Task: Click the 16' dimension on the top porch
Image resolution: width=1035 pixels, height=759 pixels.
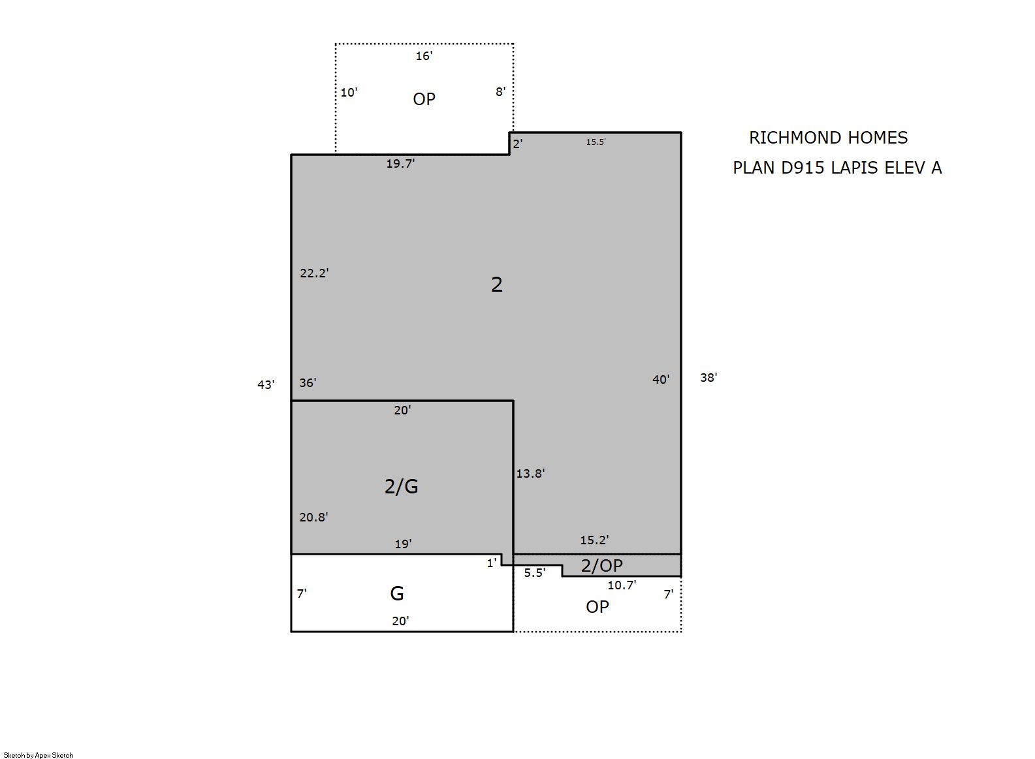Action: (424, 56)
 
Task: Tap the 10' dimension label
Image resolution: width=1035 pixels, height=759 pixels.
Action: (349, 92)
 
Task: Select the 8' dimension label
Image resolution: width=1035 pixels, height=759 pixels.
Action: (500, 91)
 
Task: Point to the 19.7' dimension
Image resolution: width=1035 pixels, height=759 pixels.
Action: (400, 163)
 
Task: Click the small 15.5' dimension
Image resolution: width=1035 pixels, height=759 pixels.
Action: (596, 142)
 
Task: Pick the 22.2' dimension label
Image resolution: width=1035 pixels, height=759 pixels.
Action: (314, 273)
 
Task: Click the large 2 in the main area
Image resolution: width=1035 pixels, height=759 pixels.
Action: (497, 285)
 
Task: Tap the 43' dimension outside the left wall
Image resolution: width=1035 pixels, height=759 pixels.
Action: (266, 384)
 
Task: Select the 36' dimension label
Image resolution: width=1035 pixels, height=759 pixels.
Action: (308, 382)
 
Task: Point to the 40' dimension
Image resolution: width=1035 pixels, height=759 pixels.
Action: (661, 379)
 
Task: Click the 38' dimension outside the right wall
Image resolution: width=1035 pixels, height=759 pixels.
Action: (709, 377)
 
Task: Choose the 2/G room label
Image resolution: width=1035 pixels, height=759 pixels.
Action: (401, 486)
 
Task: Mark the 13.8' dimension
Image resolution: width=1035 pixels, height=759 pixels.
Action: (530, 473)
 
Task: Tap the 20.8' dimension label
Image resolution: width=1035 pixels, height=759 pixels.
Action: (313, 517)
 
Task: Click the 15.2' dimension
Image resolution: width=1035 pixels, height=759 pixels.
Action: (594, 540)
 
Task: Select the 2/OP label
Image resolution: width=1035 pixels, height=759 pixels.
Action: (601, 566)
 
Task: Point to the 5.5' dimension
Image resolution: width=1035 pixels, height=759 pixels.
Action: (535, 572)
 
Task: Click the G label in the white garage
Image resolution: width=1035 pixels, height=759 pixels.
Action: (397, 593)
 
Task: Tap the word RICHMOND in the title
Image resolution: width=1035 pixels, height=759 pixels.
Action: (789, 138)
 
